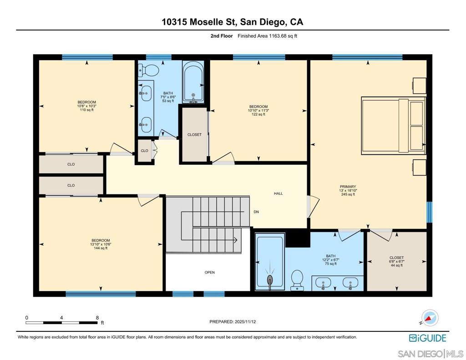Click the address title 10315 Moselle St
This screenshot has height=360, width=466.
point(232,21)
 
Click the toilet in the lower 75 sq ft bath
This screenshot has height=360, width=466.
point(297,279)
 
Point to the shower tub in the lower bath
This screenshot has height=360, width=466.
point(269,263)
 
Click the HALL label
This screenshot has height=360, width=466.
point(278,193)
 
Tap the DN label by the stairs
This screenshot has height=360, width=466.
point(256,212)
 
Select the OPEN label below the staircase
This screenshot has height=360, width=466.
point(209,272)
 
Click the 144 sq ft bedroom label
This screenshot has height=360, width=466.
point(101,244)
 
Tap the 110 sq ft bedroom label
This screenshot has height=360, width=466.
point(86,106)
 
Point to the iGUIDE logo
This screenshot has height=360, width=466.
point(427,338)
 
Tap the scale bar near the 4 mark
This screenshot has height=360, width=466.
point(61,322)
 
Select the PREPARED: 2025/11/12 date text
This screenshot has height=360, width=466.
point(235,321)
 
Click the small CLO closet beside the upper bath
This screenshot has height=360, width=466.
point(144,151)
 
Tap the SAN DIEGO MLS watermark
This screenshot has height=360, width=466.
point(430,354)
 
